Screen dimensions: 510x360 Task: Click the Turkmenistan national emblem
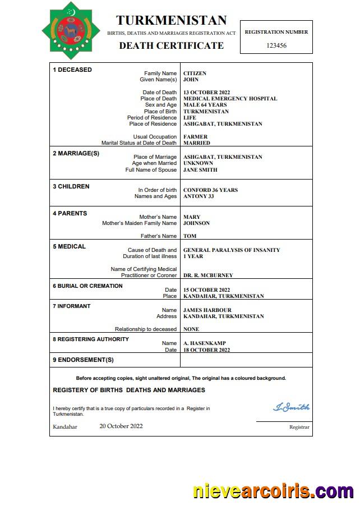coord(70,30)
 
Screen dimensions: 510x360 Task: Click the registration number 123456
coord(276,45)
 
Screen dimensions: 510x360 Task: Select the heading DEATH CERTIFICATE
coord(171,45)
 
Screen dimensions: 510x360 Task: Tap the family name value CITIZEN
coord(195,73)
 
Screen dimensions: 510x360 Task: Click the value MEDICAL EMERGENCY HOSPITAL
coord(230,99)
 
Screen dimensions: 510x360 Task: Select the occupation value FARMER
coord(195,137)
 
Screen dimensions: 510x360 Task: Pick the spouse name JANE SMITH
coord(200,170)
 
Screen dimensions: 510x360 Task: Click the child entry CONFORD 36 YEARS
coord(210,190)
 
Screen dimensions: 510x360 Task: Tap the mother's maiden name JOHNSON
coord(196,223)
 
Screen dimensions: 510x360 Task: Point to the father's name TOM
coord(190,236)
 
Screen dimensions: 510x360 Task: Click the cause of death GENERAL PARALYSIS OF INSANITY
coord(232,250)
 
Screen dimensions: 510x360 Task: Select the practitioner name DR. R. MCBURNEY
coord(208,275)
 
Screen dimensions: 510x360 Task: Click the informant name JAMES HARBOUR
coord(207,310)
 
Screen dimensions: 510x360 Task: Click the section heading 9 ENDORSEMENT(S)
coord(83,360)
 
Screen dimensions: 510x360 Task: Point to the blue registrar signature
coord(291,407)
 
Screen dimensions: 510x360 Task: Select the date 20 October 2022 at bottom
coord(121,426)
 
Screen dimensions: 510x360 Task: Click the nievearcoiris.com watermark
coord(273,491)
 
